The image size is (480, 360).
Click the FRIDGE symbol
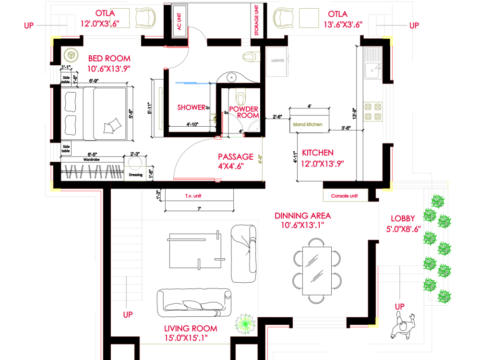277,62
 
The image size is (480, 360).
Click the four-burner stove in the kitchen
372,111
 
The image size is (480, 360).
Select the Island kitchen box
308,124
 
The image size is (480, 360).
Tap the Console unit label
344,196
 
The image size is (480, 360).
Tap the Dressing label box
135,175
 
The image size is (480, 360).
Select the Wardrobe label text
91,158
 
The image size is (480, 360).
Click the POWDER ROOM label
243,112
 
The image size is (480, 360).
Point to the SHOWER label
191,107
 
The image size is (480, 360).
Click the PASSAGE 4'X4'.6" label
235,161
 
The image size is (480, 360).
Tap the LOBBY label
403,223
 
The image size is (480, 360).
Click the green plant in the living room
246,324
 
